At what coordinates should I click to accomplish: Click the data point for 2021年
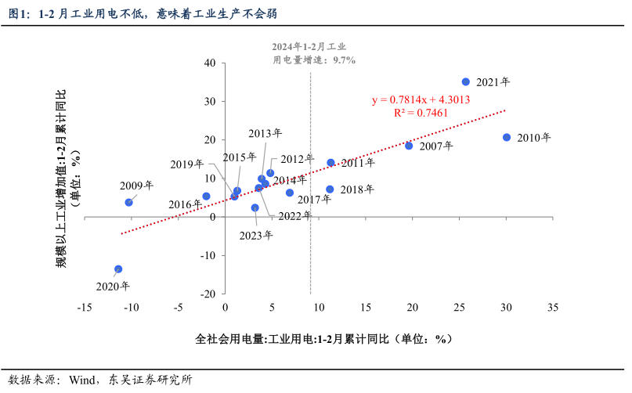[465, 81]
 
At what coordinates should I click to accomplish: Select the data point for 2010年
[507, 137]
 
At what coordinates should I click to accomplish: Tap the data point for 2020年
[118, 269]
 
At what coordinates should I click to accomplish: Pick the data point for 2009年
[128, 202]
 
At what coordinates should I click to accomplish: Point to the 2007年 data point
[409, 146]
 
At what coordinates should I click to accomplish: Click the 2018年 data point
[330, 189]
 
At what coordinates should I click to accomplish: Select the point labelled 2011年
[330, 163]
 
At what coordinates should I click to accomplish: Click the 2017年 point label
[314, 200]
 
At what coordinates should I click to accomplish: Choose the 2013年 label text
[266, 133]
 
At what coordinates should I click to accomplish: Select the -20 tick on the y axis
[208, 294]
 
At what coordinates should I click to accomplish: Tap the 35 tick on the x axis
[553, 308]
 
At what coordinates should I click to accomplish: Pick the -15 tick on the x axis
[85, 308]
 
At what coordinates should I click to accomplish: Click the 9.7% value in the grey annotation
[344, 60]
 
